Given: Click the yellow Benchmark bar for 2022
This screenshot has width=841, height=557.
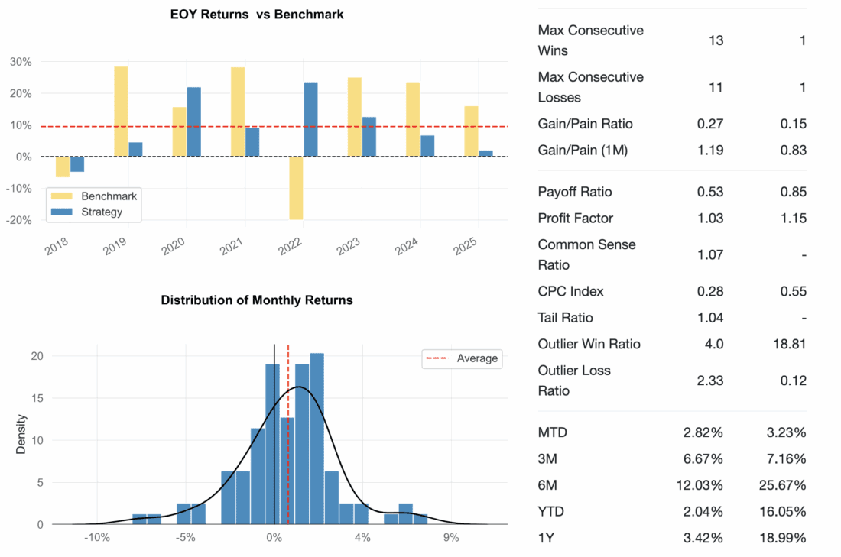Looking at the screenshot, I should click(296, 188).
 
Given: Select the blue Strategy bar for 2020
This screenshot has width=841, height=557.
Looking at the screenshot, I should click(194, 122).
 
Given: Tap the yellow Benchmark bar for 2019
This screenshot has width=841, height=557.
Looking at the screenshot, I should click(121, 112).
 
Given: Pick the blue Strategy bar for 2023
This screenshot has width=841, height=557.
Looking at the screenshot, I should click(369, 137).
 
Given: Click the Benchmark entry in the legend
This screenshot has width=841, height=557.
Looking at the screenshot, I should click(98, 196).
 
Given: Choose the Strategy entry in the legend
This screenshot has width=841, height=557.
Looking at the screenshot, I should click(101, 212).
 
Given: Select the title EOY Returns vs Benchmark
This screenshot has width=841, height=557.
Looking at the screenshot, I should click(257, 15).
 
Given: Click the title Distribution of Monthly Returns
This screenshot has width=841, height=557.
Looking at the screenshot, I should click(257, 300).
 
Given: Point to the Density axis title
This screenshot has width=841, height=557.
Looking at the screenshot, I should click(21, 434).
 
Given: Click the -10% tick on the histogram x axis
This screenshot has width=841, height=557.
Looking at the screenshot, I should click(97, 537).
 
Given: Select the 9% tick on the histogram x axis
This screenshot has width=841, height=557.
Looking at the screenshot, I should click(451, 537).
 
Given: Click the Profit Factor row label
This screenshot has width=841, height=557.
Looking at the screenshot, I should click(576, 218).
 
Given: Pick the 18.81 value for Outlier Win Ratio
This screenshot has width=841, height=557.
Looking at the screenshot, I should click(787, 344).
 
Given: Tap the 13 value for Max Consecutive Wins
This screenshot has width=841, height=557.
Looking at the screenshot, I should click(716, 40).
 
